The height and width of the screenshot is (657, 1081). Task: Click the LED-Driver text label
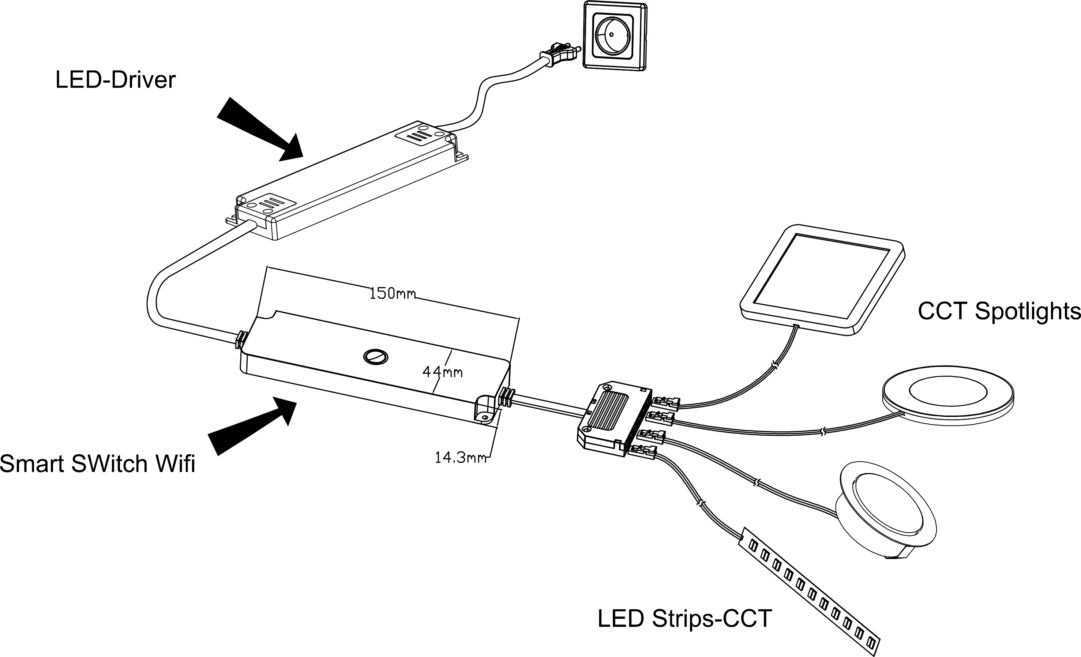[115, 80]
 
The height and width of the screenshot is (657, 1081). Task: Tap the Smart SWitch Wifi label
[97, 463]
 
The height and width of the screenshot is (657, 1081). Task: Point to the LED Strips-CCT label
[684, 618]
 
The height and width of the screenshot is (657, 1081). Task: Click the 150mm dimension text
[392, 293]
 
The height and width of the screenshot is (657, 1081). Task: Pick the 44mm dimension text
[442, 372]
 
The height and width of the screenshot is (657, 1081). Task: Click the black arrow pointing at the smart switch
[252, 425]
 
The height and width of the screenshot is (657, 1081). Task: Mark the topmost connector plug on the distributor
[665, 403]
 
